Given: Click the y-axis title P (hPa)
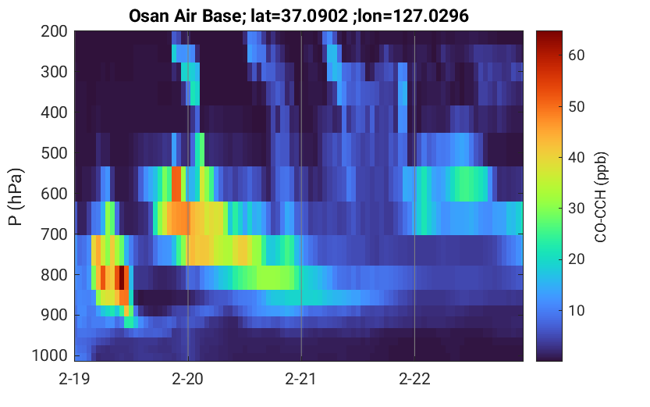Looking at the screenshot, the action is (x=16, y=197).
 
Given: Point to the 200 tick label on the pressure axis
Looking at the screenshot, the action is (x=54, y=31).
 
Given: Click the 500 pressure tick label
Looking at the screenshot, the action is (x=54, y=153).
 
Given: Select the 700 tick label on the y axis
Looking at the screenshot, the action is (x=54, y=234).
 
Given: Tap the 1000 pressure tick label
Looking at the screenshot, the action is (x=50, y=355).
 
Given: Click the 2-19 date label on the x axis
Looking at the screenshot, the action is (x=75, y=379).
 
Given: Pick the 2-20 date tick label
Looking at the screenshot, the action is (x=188, y=379).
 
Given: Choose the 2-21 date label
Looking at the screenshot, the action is (x=301, y=379).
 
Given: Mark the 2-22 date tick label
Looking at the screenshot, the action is (x=414, y=379).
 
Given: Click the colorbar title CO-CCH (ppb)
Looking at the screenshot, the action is (x=600, y=197).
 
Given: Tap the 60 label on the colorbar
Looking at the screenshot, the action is (x=576, y=55).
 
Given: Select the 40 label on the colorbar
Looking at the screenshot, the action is (x=576, y=158).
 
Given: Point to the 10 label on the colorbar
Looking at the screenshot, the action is (x=576, y=310).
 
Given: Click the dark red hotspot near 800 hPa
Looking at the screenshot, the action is (x=121, y=277).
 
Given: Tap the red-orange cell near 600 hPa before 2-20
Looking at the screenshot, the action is (x=176, y=184).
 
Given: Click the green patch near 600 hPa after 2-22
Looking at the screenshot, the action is (x=464, y=184).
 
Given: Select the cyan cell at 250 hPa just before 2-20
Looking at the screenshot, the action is (x=174, y=53).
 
